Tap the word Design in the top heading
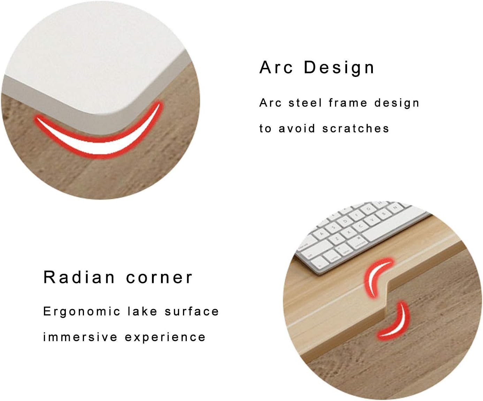tap(339, 67)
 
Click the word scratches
tap(355, 129)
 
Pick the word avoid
tap(297, 129)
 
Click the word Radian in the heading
tap(79, 277)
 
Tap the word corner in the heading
tap(159, 277)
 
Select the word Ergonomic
tap(82, 312)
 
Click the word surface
tap(192, 312)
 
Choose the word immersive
tap(80, 337)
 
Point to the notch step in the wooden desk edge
tap(387, 296)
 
